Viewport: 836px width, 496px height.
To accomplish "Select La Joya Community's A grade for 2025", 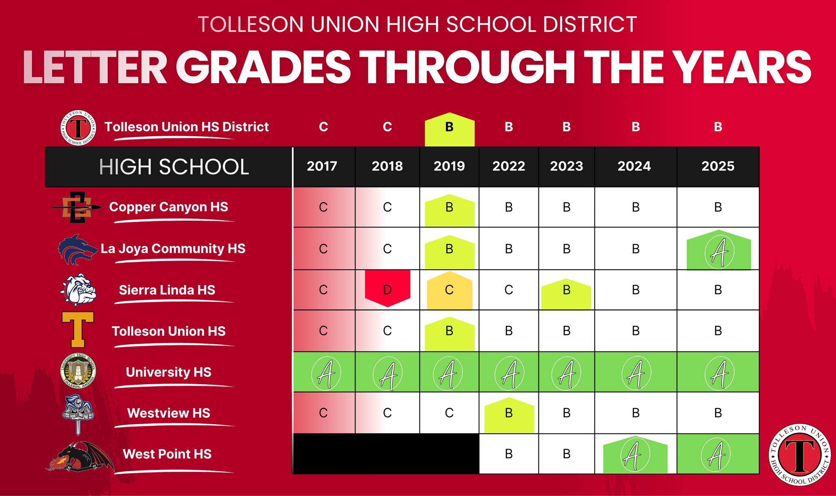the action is tap(718, 250).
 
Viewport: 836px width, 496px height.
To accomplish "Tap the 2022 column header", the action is tap(509, 166).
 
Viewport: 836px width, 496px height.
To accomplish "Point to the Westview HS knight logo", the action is tap(78, 414).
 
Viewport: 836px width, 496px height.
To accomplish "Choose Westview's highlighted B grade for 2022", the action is tap(509, 415).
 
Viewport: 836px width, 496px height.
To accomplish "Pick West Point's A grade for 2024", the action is tap(635, 455).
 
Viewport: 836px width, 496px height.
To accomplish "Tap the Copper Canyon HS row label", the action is tap(169, 207).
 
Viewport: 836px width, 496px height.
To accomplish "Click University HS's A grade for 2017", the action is tap(324, 373).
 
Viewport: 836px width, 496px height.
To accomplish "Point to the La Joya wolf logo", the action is tap(78, 249).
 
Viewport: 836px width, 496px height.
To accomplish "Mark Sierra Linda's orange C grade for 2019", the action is tap(449, 290).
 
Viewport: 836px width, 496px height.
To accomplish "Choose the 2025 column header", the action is tap(718, 166).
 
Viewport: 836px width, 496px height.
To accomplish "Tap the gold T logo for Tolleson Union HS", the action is tap(78, 330).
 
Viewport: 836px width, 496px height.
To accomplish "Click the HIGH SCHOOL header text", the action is tap(174, 167).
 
